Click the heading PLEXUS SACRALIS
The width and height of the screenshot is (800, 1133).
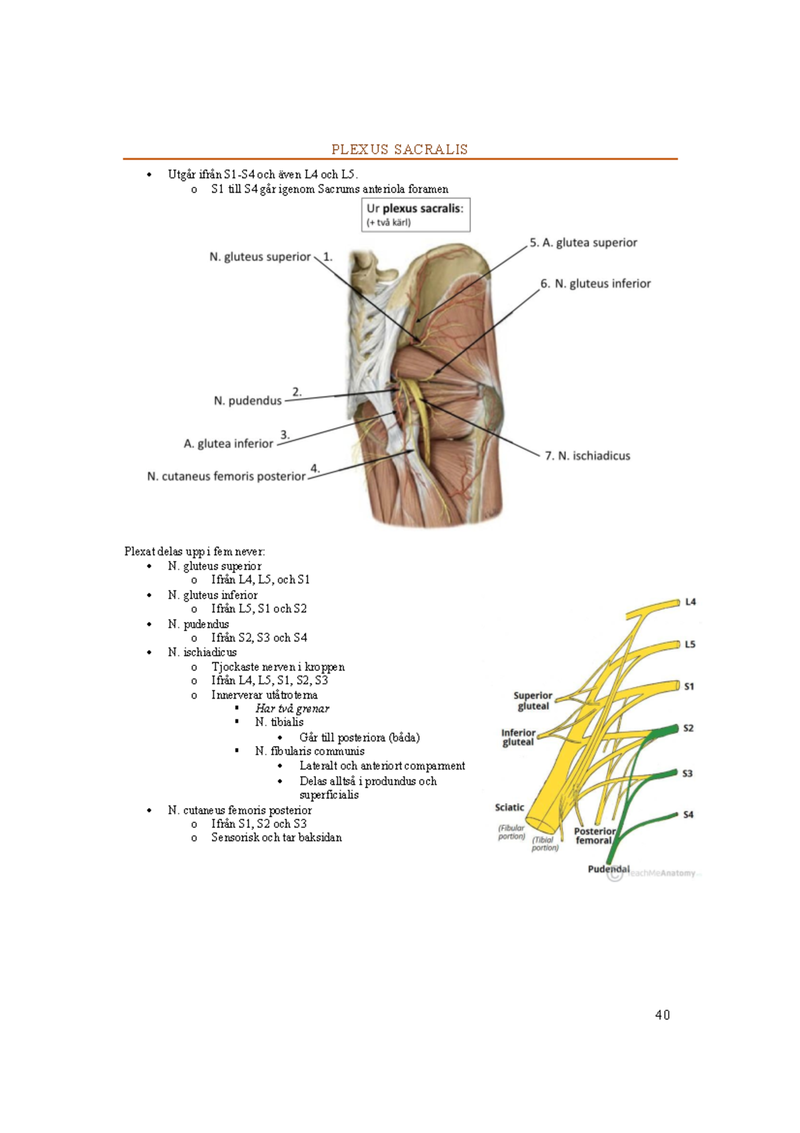pos(399,149)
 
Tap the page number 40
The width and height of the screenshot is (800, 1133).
pos(662,1015)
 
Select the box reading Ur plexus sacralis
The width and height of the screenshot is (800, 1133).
pos(415,214)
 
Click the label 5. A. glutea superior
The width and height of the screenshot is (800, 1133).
pos(583,243)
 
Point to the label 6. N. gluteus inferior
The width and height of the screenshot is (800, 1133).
pos(595,284)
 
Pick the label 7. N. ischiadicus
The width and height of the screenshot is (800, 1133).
pos(587,456)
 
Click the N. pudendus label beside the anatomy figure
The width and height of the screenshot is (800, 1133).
pos(247,401)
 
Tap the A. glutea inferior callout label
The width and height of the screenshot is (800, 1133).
pos(229,444)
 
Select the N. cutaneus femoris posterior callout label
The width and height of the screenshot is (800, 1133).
pos(227,476)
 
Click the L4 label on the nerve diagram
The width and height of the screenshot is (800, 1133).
pos(691,602)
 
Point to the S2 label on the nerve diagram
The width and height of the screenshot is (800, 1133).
pos(688,729)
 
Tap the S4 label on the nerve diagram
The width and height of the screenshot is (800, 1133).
pos(688,814)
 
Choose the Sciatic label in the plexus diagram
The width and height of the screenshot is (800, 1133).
pos(509,807)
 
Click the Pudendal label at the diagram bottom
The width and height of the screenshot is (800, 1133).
pos(609,869)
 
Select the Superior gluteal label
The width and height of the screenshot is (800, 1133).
pos(533,701)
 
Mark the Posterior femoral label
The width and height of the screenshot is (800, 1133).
pos(595,835)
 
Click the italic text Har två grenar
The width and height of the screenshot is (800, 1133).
pos(292,709)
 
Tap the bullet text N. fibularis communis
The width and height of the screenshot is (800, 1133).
pos(310,751)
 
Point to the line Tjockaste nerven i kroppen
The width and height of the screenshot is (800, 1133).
pos(278,667)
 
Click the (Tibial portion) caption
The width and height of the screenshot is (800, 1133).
pos(545,843)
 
